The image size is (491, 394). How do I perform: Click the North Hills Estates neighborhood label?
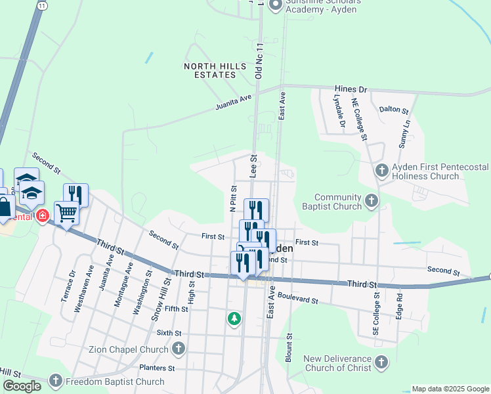click(215, 70)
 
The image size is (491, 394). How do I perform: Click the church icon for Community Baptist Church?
click(371, 200)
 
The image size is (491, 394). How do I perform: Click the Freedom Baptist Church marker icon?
click(56, 381)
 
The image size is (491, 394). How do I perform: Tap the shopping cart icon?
click(66, 212)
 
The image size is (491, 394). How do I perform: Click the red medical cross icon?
click(43, 215)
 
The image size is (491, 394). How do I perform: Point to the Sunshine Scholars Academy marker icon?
click(275, 5)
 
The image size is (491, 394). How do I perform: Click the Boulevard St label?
click(297, 299)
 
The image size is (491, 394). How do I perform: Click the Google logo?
click(22, 386)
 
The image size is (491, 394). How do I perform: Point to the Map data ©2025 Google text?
click(450, 389)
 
